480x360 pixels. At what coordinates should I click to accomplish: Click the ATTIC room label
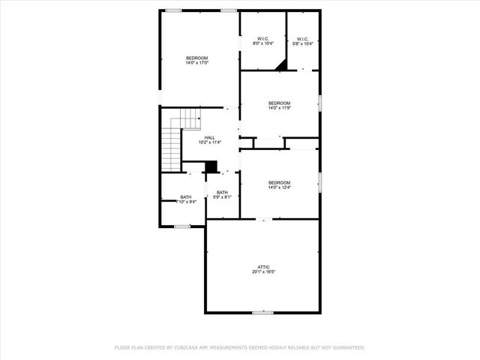263,267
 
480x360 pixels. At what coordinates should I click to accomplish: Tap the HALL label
209,137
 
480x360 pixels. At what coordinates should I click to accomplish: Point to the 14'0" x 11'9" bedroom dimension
279,108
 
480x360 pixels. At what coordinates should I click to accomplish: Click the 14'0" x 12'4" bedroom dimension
279,187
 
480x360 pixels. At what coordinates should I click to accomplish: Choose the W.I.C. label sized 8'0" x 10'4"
262,39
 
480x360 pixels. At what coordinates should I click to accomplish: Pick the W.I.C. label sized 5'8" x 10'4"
302,39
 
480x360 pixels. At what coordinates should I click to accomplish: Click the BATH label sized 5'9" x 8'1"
222,193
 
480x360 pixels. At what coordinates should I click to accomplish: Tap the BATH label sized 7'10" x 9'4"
185,197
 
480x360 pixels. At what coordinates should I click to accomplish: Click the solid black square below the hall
211,166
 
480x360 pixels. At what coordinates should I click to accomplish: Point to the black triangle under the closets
280,66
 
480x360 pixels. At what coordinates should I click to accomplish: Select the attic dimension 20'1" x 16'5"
263,272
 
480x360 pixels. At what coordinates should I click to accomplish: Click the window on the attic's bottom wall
262,312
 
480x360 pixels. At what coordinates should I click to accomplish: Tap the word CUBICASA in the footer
190,348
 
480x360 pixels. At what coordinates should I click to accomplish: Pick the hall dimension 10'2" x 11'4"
209,142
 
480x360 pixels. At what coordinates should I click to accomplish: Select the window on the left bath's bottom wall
181,226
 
